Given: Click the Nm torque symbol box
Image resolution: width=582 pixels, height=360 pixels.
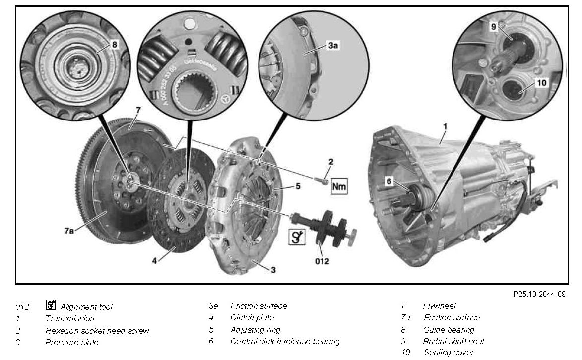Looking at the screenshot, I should click(x=339, y=186).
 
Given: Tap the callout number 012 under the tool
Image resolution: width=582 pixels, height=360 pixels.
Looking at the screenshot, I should click(x=322, y=261).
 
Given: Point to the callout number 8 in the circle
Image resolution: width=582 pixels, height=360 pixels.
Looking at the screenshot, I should click(x=114, y=45).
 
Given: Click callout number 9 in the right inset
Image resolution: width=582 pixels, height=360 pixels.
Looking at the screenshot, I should click(x=493, y=27).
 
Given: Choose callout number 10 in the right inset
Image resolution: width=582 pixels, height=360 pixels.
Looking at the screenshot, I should click(x=541, y=82).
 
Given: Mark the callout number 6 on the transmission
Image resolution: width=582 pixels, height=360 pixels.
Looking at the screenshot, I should click(x=389, y=181).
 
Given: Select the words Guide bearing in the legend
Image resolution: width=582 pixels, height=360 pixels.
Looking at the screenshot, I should click(x=448, y=330).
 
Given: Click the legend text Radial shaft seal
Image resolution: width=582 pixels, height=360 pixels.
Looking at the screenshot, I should click(x=453, y=341).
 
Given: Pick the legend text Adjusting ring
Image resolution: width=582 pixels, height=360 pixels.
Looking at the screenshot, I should click(x=255, y=330).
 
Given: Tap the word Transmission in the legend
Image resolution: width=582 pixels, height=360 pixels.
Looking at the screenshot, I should click(x=69, y=318).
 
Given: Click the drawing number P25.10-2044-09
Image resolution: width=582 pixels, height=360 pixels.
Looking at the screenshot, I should click(x=539, y=294).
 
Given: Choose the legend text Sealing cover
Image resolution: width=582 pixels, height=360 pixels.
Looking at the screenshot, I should click(x=449, y=353).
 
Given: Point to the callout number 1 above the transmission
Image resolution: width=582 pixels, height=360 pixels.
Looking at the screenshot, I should click(x=445, y=126).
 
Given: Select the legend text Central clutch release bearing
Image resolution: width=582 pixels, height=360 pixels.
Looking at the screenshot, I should click(x=285, y=341).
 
